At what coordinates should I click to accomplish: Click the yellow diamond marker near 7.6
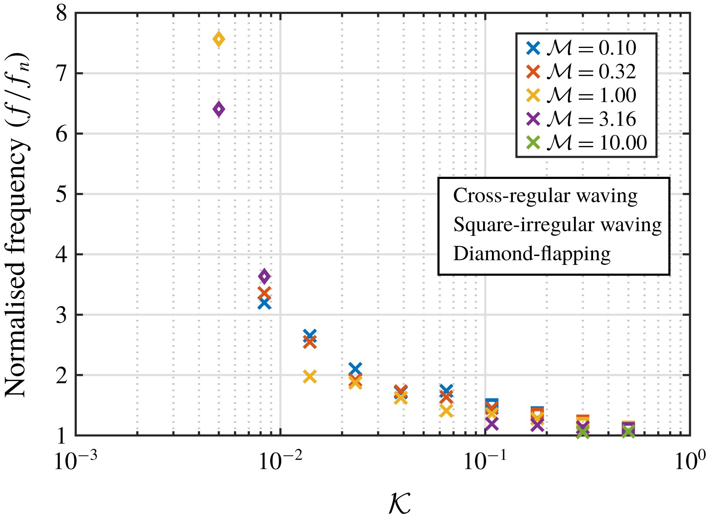(219, 39)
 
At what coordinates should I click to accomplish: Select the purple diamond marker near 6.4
(219, 109)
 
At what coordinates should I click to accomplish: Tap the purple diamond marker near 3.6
(264, 276)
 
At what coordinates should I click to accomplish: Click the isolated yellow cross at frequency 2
(310, 377)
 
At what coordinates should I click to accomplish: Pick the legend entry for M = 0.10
(581, 48)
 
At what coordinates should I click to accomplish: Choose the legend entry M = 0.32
(581, 72)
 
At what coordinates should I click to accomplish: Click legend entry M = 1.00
(581, 95)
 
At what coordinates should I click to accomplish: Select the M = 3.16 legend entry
(581, 119)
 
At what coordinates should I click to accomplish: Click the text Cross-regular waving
(545, 196)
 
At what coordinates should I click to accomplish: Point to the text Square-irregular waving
(557, 225)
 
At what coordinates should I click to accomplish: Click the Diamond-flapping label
(532, 254)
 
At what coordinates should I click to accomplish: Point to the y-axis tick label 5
(61, 194)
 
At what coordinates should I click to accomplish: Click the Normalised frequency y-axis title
(17, 225)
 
